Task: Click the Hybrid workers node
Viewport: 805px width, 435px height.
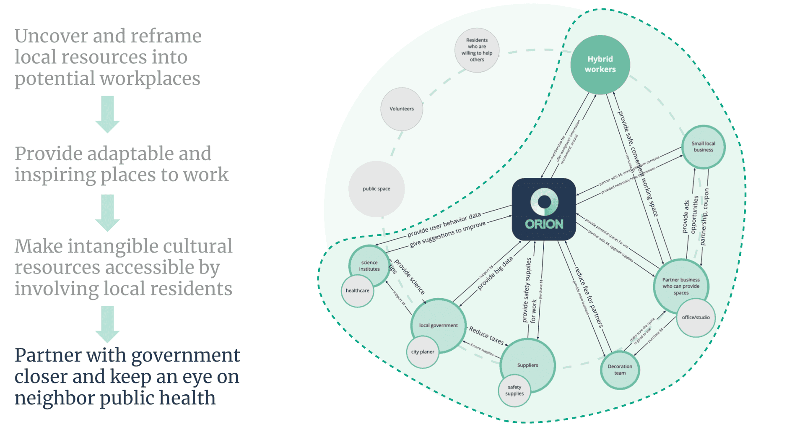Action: click(x=600, y=65)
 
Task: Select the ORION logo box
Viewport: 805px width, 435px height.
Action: click(x=544, y=209)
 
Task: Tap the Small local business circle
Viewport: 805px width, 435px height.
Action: click(x=703, y=147)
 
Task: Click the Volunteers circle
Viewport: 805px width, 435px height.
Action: click(x=401, y=109)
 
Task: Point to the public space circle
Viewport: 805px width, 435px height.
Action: click(x=376, y=189)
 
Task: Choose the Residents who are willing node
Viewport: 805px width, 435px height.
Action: click(x=477, y=50)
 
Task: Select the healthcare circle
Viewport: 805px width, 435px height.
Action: click(x=357, y=291)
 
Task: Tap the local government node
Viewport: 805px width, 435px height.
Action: click(x=438, y=325)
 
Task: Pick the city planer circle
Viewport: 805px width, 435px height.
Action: click(x=423, y=352)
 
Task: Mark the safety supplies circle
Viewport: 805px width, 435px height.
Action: click(x=514, y=391)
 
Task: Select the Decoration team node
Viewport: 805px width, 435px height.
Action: click(x=620, y=370)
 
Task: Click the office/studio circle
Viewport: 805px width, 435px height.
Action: click(x=696, y=318)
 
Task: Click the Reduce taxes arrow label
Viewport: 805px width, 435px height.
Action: click(x=486, y=335)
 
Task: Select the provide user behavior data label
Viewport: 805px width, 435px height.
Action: click(x=444, y=225)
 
